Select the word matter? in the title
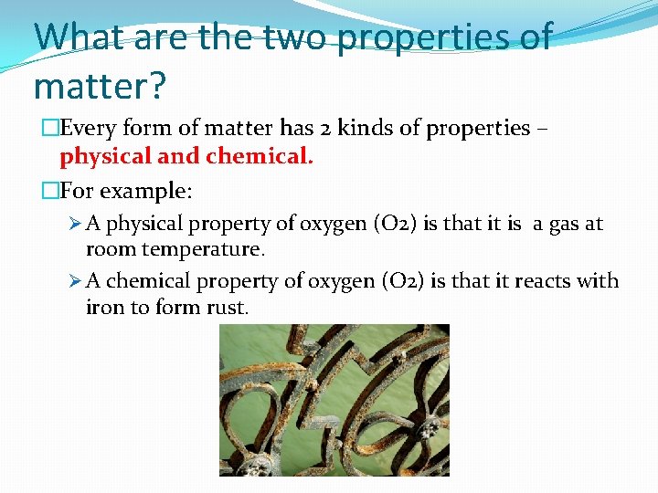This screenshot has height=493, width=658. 99,86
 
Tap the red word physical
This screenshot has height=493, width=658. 104,156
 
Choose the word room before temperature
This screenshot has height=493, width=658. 109,248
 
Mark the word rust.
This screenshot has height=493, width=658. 227,307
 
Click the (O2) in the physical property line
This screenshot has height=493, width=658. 396,224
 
